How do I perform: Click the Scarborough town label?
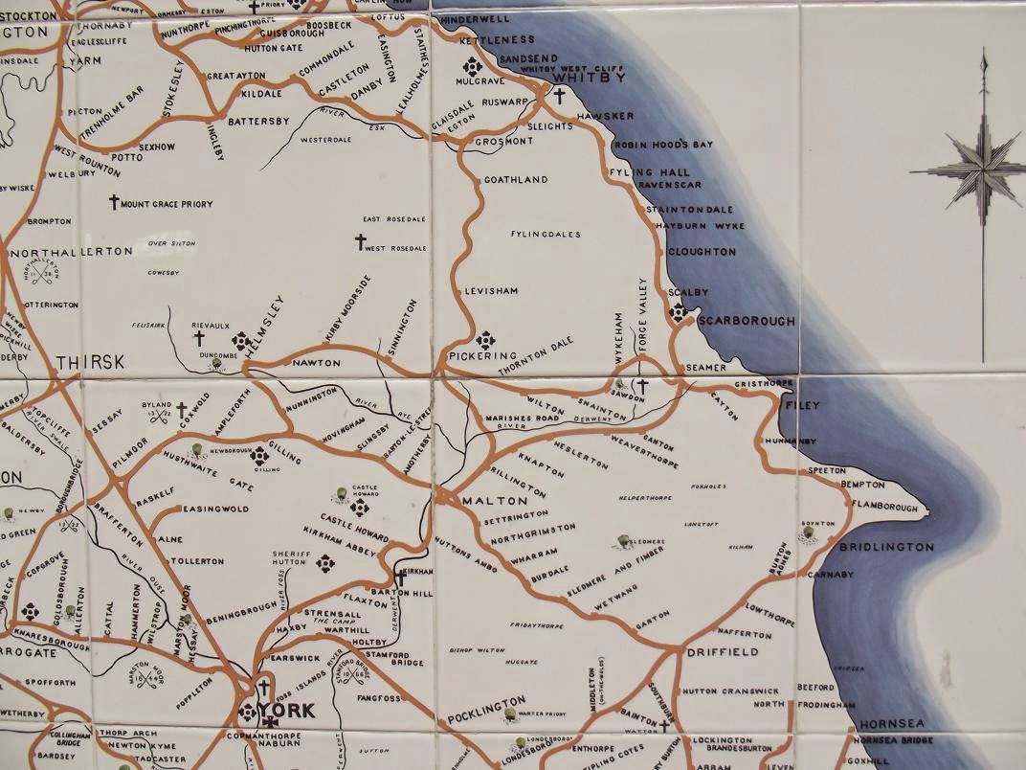click(747, 322)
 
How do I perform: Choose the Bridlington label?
click(885, 547)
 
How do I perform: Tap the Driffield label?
click(723, 652)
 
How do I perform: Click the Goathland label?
click(516, 180)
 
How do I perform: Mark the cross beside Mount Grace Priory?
click(114, 203)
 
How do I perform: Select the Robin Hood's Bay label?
click(664, 145)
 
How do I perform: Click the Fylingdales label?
click(546, 234)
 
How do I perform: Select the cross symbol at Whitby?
click(559, 97)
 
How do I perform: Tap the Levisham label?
click(490, 290)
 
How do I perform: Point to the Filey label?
click(802, 406)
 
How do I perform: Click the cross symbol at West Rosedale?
click(361, 242)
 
